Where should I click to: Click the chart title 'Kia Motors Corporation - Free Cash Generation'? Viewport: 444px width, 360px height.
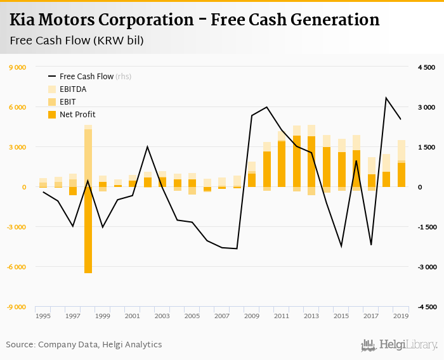[195, 20]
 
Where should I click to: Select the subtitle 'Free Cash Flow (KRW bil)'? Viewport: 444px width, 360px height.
[77, 41]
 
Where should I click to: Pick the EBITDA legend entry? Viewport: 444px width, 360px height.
[73, 89]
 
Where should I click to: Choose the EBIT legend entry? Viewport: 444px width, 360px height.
[69, 102]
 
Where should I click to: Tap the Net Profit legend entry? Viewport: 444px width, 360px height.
[77, 115]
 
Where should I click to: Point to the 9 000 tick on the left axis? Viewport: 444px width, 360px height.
[16, 67]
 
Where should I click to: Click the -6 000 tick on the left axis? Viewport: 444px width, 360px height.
[15, 267]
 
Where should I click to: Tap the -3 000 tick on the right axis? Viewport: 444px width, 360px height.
[426, 267]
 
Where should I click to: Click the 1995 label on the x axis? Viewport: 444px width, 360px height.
[43, 316]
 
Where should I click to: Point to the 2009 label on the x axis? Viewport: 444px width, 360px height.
[252, 316]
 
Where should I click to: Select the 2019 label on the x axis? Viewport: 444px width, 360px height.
[400, 316]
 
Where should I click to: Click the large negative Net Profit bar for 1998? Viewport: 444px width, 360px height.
[88, 230]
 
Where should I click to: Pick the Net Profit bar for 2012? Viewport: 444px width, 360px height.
[296, 161]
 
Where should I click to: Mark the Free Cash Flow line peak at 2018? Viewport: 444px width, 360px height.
[386, 98]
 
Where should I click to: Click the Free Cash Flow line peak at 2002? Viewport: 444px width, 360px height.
[147, 147]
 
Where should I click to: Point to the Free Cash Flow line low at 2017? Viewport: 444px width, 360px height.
[371, 245]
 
